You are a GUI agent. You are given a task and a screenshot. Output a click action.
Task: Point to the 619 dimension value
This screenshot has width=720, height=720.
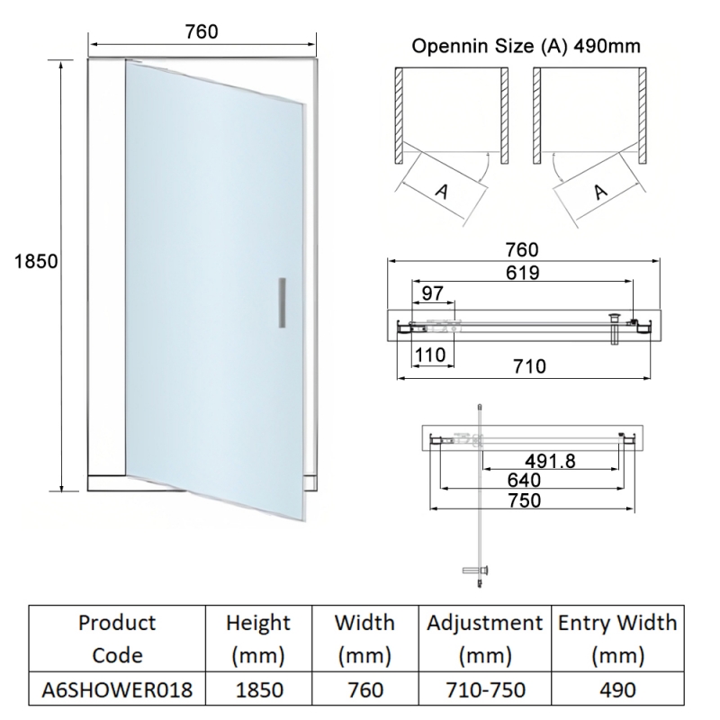523,274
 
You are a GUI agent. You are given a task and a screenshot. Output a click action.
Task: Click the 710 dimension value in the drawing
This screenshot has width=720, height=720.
530,366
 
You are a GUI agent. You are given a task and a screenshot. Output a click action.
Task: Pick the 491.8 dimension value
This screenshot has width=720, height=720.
550,461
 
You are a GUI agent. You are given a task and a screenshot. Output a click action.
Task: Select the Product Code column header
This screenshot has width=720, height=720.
117,638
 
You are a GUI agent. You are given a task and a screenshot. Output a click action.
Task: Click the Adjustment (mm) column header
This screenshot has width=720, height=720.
485,638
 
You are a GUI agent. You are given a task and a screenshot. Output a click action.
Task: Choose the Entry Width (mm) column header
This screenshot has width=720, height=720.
617,638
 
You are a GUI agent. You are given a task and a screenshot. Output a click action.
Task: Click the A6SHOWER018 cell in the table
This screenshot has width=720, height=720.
117,690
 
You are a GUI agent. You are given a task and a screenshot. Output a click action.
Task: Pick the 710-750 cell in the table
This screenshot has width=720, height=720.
485,690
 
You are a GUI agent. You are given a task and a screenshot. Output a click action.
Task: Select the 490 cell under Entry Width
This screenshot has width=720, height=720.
617,690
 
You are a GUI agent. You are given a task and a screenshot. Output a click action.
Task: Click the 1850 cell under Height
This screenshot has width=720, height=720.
258,690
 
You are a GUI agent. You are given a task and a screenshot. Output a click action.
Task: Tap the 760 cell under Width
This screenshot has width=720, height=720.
364,690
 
